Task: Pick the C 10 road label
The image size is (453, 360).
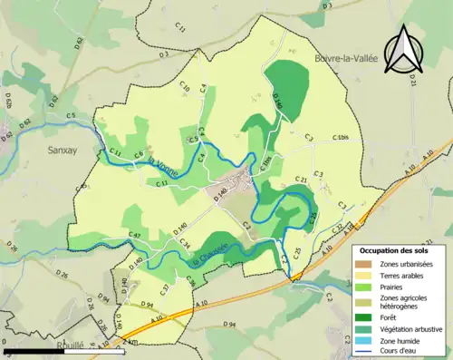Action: click(185, 89)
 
